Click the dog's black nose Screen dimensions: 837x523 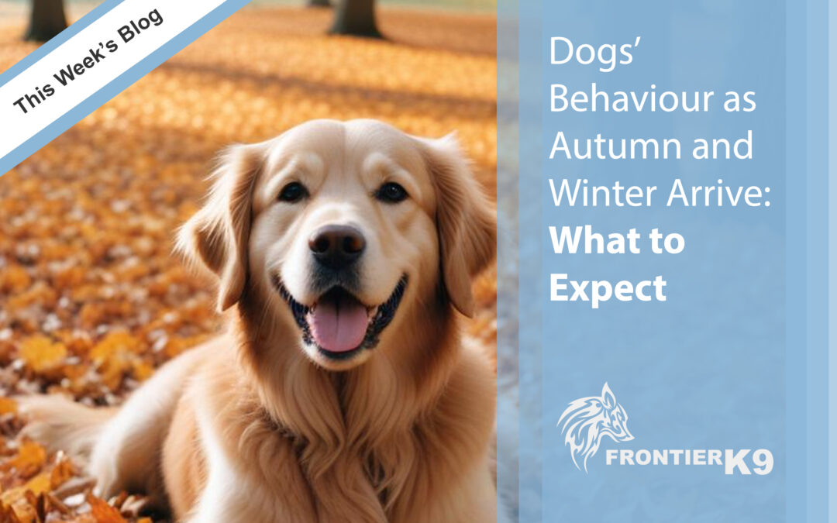[x=337, y=245]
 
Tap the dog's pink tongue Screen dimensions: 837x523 [x=339, y=325]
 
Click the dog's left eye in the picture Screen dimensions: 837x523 [x=292, y=191]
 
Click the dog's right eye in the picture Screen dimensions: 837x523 [x=391, y=192]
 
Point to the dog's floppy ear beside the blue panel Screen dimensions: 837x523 [x=460, y=224]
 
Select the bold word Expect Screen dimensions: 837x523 [x=608, y=289]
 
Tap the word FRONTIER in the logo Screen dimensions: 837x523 [x=665, y=458]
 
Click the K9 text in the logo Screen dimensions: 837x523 [x=749, y=462]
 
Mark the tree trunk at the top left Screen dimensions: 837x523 [x=46, y=19]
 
